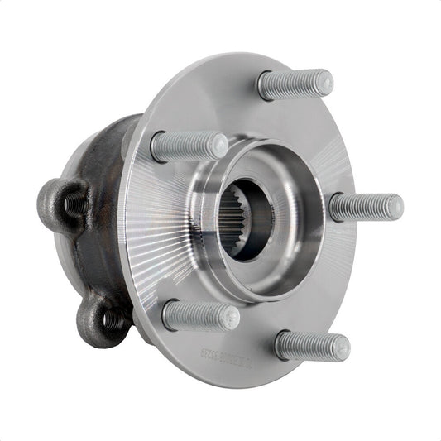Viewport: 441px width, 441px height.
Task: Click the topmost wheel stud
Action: (x=294, y=84)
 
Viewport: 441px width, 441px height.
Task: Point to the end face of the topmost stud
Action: (x=324, y=81)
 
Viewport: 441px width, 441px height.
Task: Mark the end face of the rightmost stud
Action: (x=395, y=206)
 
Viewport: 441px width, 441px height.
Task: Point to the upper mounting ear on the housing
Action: (x=62, y=203)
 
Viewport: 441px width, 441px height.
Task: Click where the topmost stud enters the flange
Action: (x=263, y=84)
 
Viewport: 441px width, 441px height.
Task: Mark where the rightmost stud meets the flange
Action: (x=333, y=208)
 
